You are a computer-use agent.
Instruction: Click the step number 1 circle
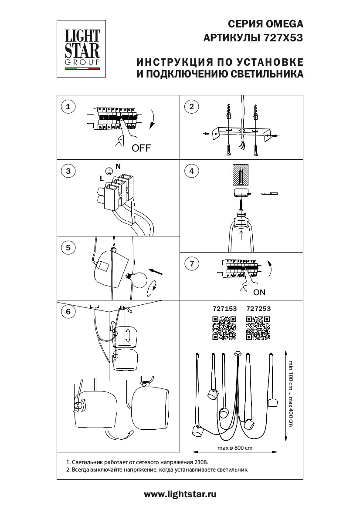68,106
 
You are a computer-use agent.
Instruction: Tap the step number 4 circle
191,171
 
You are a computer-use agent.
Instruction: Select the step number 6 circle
68,311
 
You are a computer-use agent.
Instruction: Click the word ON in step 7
259,292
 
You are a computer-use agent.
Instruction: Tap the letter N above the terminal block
118,166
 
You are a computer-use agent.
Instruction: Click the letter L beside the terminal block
102,179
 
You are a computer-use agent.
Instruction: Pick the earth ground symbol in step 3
108,171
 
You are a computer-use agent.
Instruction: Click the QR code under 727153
224,328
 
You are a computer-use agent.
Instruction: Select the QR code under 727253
258,328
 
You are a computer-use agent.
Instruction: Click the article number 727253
258,308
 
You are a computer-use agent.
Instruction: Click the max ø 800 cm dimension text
235,448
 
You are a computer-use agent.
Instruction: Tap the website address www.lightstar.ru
180,494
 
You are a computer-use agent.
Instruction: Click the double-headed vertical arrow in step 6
128,335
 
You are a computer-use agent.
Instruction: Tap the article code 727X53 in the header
283,38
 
